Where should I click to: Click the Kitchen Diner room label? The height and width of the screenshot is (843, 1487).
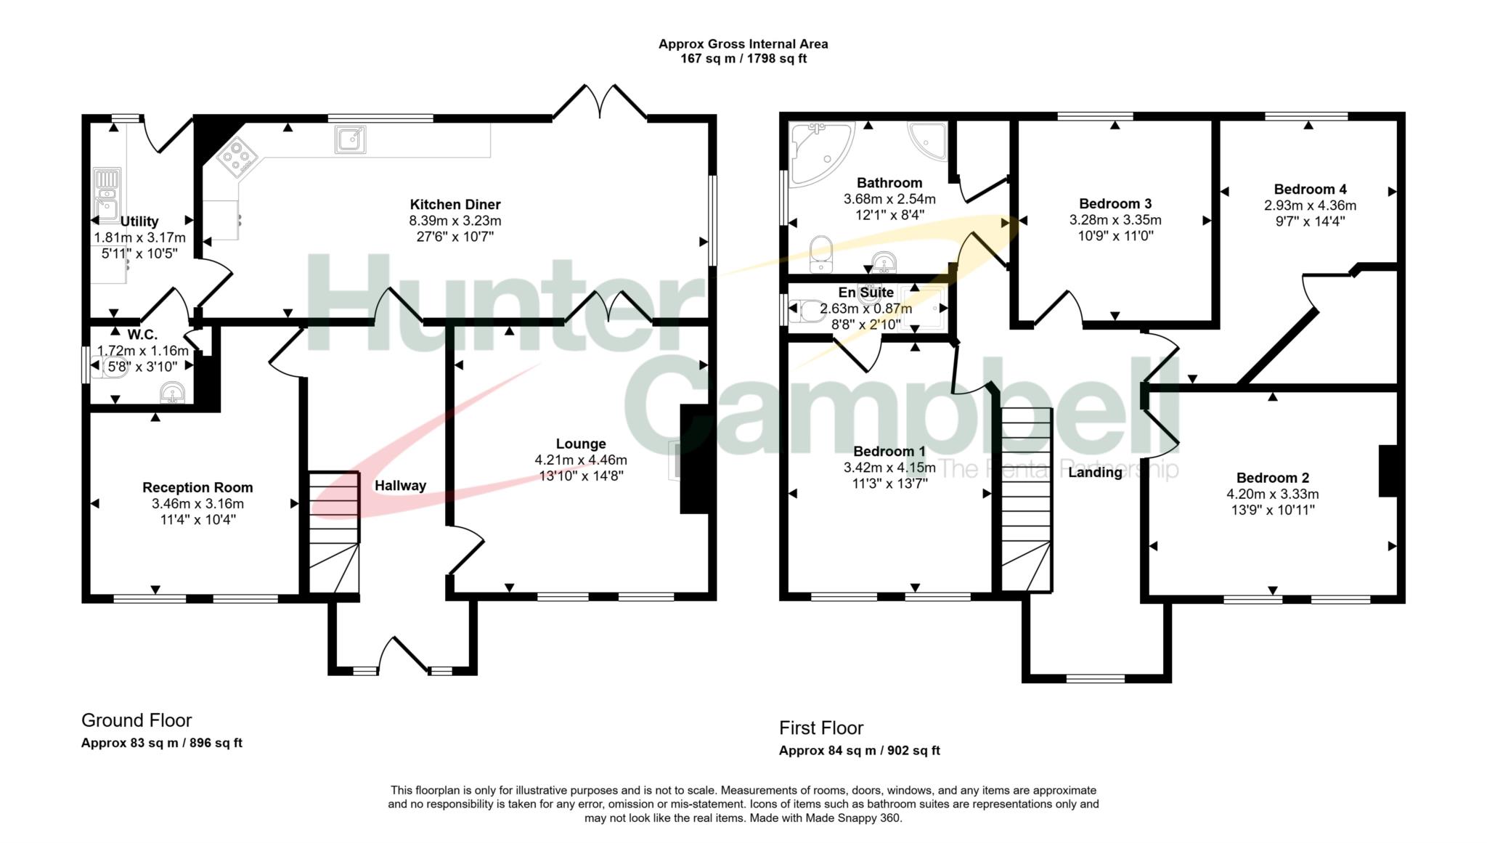455,205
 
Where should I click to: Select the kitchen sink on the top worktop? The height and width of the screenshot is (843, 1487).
351,139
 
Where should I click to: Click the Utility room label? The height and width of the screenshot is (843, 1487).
139,221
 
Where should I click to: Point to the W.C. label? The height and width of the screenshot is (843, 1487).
142,335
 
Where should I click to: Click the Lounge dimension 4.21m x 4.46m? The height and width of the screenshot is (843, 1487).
581,460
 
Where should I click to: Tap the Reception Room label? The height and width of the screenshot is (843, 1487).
197,488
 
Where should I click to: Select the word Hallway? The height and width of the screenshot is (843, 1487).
400,486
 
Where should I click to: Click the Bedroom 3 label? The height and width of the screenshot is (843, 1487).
1115,204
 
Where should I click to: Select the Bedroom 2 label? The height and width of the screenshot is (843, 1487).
1273,478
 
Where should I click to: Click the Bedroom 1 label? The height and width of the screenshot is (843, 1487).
889,452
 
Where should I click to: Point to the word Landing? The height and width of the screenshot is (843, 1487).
1095,473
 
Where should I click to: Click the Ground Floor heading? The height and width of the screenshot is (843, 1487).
137,720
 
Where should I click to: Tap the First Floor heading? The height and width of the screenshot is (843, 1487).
821,728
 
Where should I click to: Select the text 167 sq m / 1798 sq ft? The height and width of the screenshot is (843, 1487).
743,59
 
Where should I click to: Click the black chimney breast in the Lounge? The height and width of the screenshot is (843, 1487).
693,459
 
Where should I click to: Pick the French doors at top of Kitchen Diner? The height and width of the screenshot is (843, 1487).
600,102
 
